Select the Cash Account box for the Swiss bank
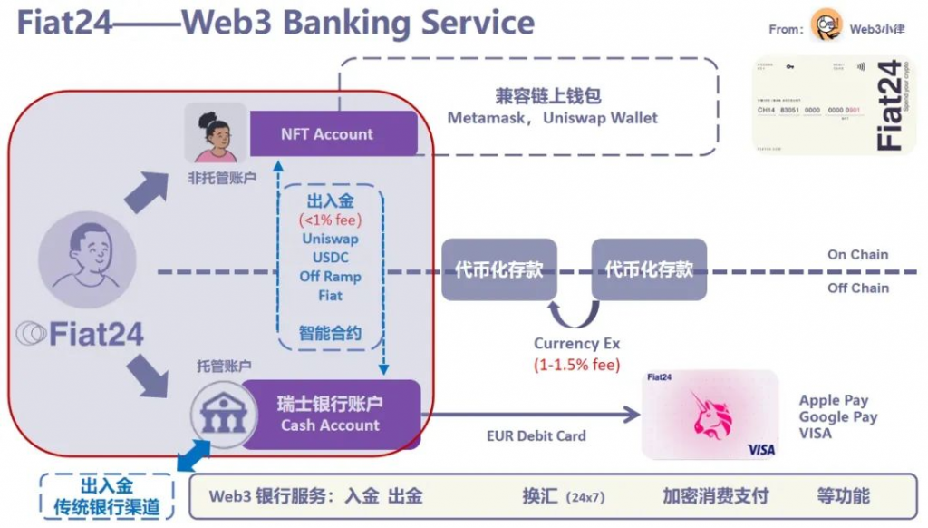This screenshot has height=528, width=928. (x=330, y=414)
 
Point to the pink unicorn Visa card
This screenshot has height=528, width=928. (x=710, y=415)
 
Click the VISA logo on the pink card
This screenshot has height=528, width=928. (x=760, y=449)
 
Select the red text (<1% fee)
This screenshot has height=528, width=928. (x=330, y=220)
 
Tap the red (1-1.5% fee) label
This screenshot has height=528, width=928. (x=576, y=364)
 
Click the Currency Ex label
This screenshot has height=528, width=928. (x=576, y=344)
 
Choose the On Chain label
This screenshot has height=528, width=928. (x=857, y=255)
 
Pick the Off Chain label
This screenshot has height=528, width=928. (x=857, y=288)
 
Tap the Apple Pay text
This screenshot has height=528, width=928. (x=833, y=400)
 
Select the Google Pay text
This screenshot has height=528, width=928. (x=837, y=417)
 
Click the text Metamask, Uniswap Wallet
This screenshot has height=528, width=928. (x=553, y=118)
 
